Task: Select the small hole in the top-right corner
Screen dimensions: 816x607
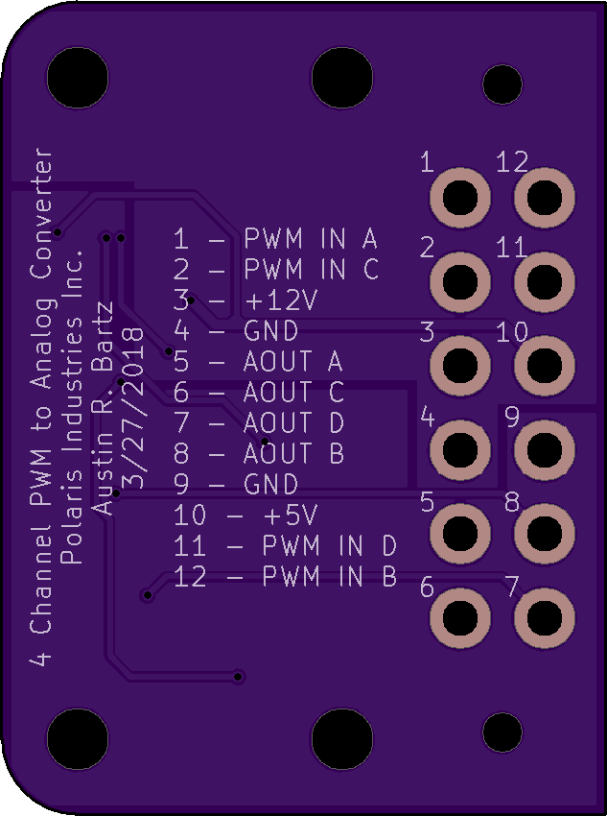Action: click(x=502, y=83)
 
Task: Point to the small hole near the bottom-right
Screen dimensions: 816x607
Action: click(x=502, y=732)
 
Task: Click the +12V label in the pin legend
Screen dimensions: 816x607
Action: click(x=281, y=300)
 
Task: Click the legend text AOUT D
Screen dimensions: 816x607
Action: click(x=293, y=423)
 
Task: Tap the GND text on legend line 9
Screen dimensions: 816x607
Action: click(x=271, y=485)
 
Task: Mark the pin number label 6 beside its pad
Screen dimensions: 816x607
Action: click(x=427, y=588)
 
